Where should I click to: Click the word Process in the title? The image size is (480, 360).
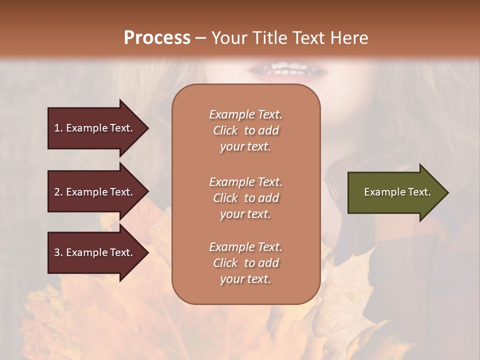[x=157, y=38]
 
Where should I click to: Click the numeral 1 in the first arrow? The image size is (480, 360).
[x=56, y=128]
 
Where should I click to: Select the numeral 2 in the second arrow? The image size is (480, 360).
[x=57, y=192]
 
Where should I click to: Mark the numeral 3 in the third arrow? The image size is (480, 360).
[x=57, y=253]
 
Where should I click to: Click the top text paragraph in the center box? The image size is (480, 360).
[x=246, y=130]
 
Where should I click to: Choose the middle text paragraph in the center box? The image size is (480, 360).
[x=246, y=198]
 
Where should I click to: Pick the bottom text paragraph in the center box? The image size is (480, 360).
[x=246, y=263]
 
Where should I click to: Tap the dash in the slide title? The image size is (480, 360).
[x=201, y=38]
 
